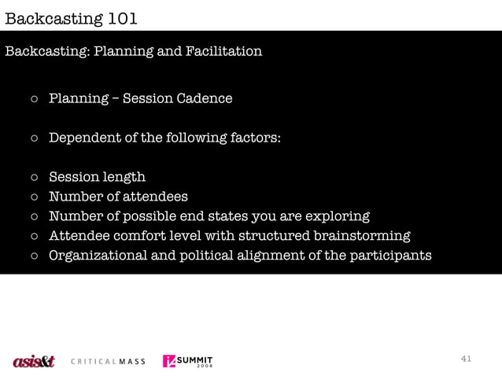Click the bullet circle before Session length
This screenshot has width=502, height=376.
pos(35,178)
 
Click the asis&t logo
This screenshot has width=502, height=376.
pos(34,361)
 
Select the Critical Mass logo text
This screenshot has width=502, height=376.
pos(108,362)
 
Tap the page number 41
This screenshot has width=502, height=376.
pos(466,359)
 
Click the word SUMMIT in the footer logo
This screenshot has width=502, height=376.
pos(195,359)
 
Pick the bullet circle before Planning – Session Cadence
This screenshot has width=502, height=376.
pos(35,99)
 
